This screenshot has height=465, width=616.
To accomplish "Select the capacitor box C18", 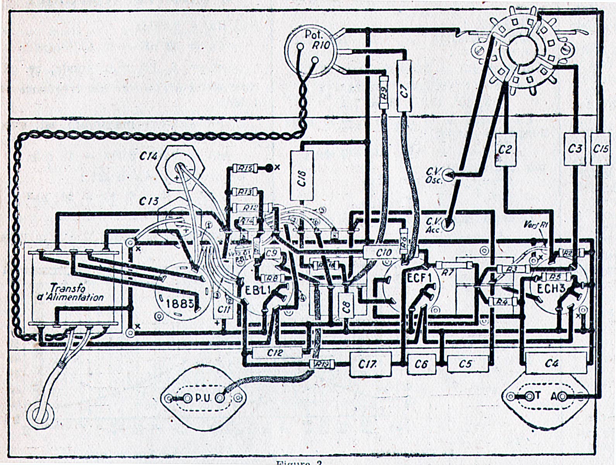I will tap(302, 176).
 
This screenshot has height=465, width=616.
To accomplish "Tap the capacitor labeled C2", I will tap(504, 150).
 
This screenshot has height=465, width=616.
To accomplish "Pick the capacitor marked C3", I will tap(575, 149).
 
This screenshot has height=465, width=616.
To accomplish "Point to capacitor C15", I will tap(601, 149).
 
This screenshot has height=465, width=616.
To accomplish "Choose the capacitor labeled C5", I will tap(467, 364).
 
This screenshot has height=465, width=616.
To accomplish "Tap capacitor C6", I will tap(421, 364).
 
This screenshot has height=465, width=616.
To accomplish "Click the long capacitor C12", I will tap(276, 353).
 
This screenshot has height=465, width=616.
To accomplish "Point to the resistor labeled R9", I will tap(384, 93).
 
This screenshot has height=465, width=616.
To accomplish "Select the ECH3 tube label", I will tap(552, 288).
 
